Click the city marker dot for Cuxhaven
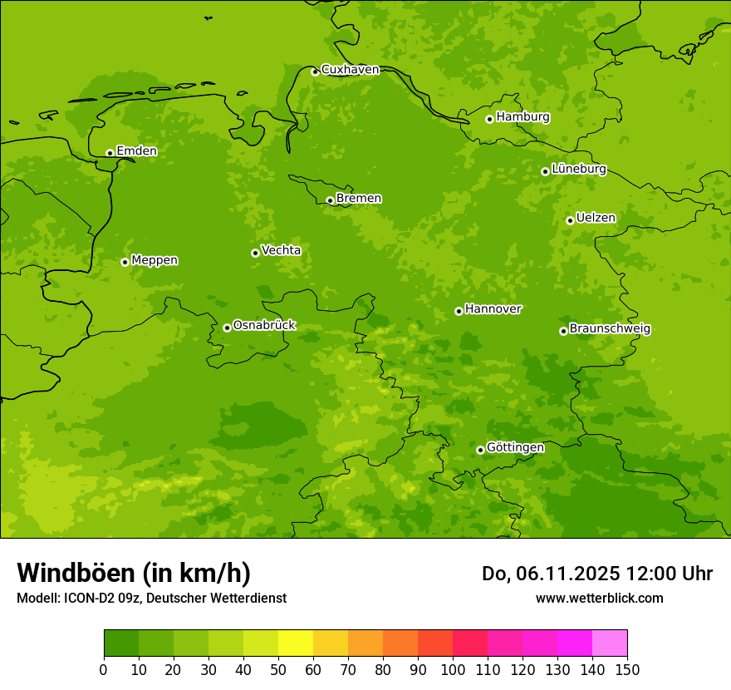pos(315,71)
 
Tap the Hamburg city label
pos(522,117)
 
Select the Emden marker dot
pos(110,153)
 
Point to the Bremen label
pos(358,199)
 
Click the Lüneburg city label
pos(578,169)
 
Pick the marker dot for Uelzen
pos(570,220)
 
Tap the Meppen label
pos(155,260)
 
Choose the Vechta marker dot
pos(255,253)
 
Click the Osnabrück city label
pos(264,325)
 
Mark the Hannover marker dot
pos(459,311)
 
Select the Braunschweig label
pos(610,329)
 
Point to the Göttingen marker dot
pos(480,450)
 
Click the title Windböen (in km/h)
pos(134,573)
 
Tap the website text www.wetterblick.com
pos(599,598)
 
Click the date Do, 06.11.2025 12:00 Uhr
pos(597,574)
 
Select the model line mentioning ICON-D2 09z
pos(151,598)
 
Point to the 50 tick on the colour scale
pos(278,669)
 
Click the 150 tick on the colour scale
pos(627,669)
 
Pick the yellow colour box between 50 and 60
pos(296,643)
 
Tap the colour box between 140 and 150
pos(610,643)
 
